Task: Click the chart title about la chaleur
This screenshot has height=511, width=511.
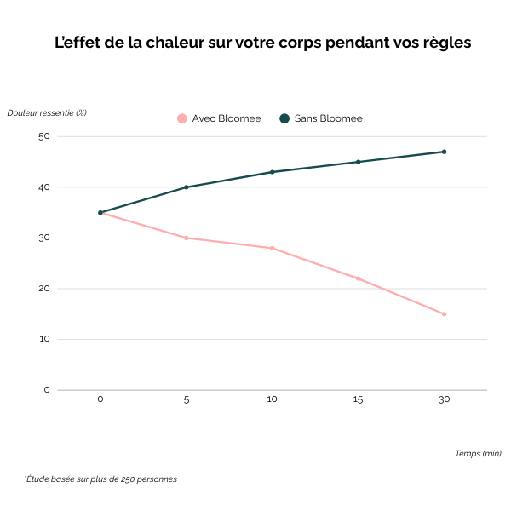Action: [262, 43]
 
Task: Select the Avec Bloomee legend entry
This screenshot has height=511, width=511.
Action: [219, 118]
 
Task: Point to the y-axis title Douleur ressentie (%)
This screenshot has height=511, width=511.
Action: [47, 112]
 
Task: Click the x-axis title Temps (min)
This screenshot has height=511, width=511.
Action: [477, 453]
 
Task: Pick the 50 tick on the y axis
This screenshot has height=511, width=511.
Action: [44, 136]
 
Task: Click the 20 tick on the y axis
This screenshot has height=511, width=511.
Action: [44, 289]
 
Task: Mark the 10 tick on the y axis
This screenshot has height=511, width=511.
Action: [44, 339]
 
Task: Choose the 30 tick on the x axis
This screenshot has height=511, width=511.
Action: [444, 399]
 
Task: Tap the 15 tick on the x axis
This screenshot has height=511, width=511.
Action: [358, 399]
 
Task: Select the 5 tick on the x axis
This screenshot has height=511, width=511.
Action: [186, 399]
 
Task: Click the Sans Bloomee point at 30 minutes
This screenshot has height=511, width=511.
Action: [444, 152]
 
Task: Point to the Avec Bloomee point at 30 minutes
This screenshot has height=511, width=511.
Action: [444, 314]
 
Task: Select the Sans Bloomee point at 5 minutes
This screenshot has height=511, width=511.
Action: [186, 187]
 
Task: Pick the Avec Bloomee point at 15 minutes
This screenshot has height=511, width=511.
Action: [358, 278]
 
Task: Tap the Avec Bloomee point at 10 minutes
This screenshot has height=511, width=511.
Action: [272, 248]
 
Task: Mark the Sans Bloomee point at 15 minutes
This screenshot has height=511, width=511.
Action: [358, 162]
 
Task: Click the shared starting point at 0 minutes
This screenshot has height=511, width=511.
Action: [100, 213]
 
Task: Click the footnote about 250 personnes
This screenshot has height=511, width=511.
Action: [100, 479]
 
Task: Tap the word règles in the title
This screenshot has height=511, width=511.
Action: [444, 43]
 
